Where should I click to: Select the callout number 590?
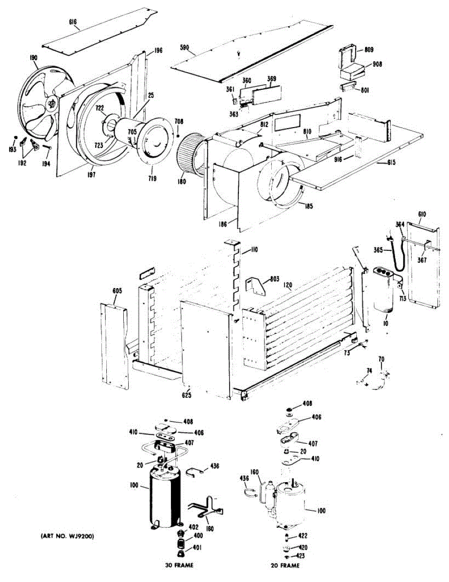click(x=185, y=48)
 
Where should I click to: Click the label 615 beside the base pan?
click(x=391, y=162)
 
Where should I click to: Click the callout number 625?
click(x=187, y=395)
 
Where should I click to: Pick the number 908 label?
click(x=377, y=64)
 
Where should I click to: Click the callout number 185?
click(x=308, y=206)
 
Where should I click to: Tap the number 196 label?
click(x=158, y=50)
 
